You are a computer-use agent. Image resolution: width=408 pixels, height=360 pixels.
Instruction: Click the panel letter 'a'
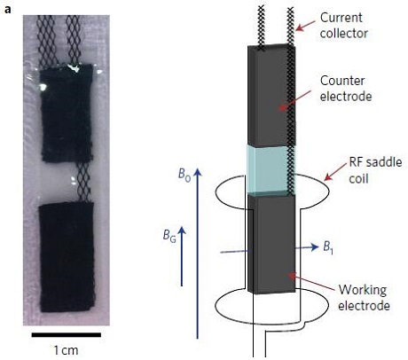coord(8,10)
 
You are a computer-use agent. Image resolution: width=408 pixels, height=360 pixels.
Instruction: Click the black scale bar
coord(67,335)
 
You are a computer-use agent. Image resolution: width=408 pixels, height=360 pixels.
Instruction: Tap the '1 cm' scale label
coord(66,350)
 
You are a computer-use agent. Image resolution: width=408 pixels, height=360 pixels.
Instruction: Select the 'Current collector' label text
coord(344,26)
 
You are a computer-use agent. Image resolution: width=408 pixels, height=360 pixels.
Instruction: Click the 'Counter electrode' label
coord(346,89)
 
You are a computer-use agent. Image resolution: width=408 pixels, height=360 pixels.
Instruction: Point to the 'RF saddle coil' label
coord(375,170)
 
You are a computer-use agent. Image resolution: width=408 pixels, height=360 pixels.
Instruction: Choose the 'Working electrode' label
coord(364,297)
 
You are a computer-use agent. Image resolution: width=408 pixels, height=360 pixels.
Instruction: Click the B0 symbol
coord(184,175)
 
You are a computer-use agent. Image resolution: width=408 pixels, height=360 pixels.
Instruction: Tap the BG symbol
coord(169,236)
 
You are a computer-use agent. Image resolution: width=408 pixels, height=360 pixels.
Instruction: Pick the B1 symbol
coord(328,247)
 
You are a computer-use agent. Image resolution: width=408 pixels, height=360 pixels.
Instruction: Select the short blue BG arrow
coord(182,256)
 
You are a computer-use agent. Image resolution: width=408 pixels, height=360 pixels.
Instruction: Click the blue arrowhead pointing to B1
coord(314,247)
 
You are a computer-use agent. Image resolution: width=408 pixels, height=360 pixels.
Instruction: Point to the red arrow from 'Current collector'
coord(305,25)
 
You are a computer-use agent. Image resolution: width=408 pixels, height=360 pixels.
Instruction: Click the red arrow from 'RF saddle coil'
coord(335,171)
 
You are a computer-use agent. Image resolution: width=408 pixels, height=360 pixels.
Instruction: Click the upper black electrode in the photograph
coord(67,113)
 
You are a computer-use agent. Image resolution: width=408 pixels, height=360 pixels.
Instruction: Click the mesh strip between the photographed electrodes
coord(83,182)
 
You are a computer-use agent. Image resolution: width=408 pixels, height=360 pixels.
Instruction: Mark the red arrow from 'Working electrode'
coord(312,280)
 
